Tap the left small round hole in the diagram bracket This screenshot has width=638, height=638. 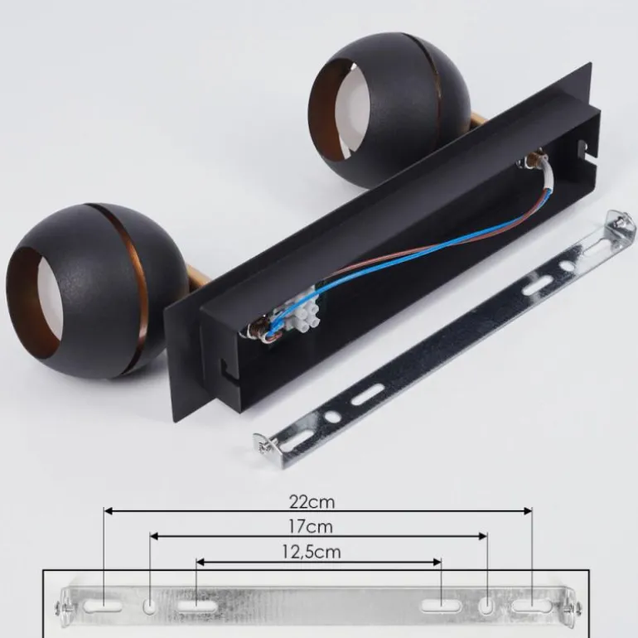[x=150, y=607]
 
